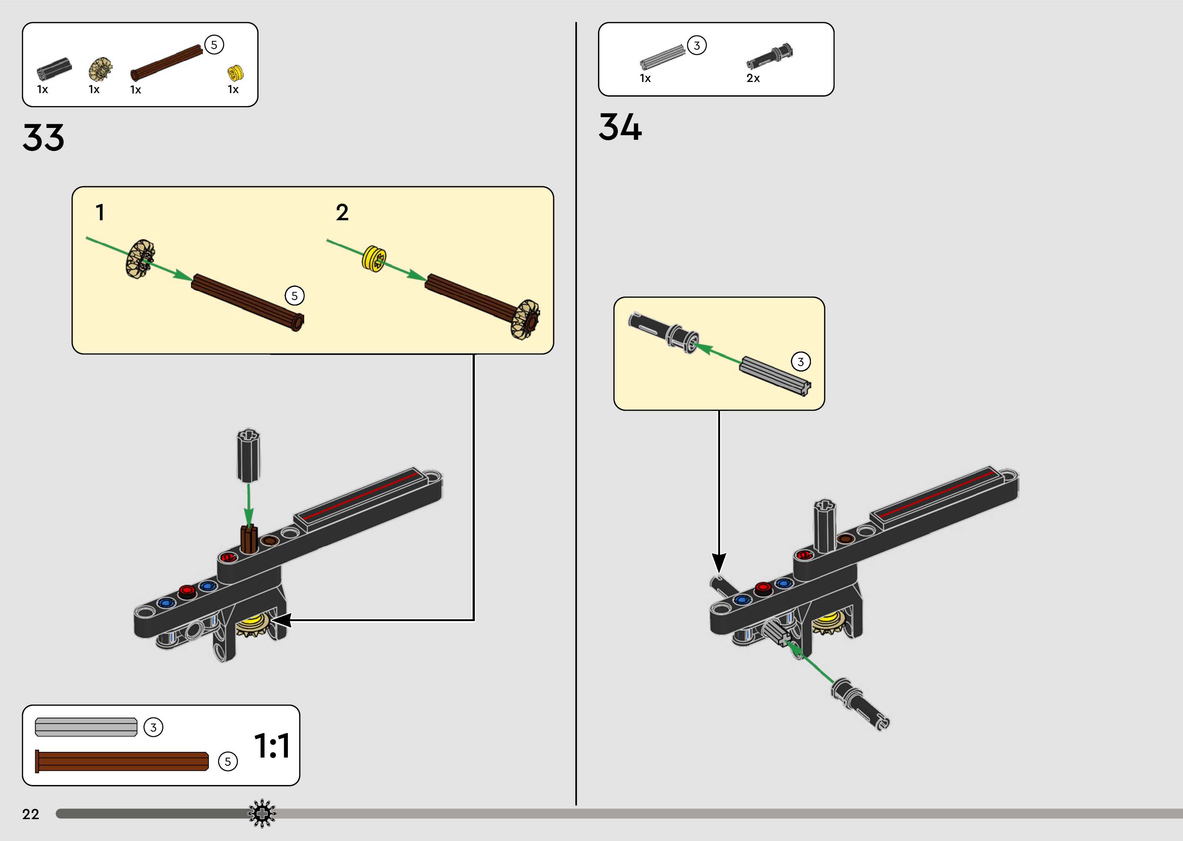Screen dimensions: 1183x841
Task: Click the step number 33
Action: [x=43, y=138]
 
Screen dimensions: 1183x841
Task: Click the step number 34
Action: [x=620, y=128]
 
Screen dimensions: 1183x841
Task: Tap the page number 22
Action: [x=30, y=814]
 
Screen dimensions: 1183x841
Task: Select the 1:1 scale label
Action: [x=272, y=746]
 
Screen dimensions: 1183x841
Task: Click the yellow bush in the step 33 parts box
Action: [x=235, y=73]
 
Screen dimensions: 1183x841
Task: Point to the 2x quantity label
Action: [x=753, y=78]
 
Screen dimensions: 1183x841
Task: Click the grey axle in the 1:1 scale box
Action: [x=86, y=727]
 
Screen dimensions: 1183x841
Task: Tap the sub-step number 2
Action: [x=342, y=213]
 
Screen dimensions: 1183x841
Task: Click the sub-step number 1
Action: [x=100, y=213]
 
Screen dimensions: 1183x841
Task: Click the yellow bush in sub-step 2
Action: [x=374, y=258]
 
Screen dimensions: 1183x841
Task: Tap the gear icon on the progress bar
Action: [x=262, y=814]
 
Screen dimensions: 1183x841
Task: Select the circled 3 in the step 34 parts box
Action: [x=697, y=46]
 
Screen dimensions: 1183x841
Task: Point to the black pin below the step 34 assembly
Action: [x=860, y=704]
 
